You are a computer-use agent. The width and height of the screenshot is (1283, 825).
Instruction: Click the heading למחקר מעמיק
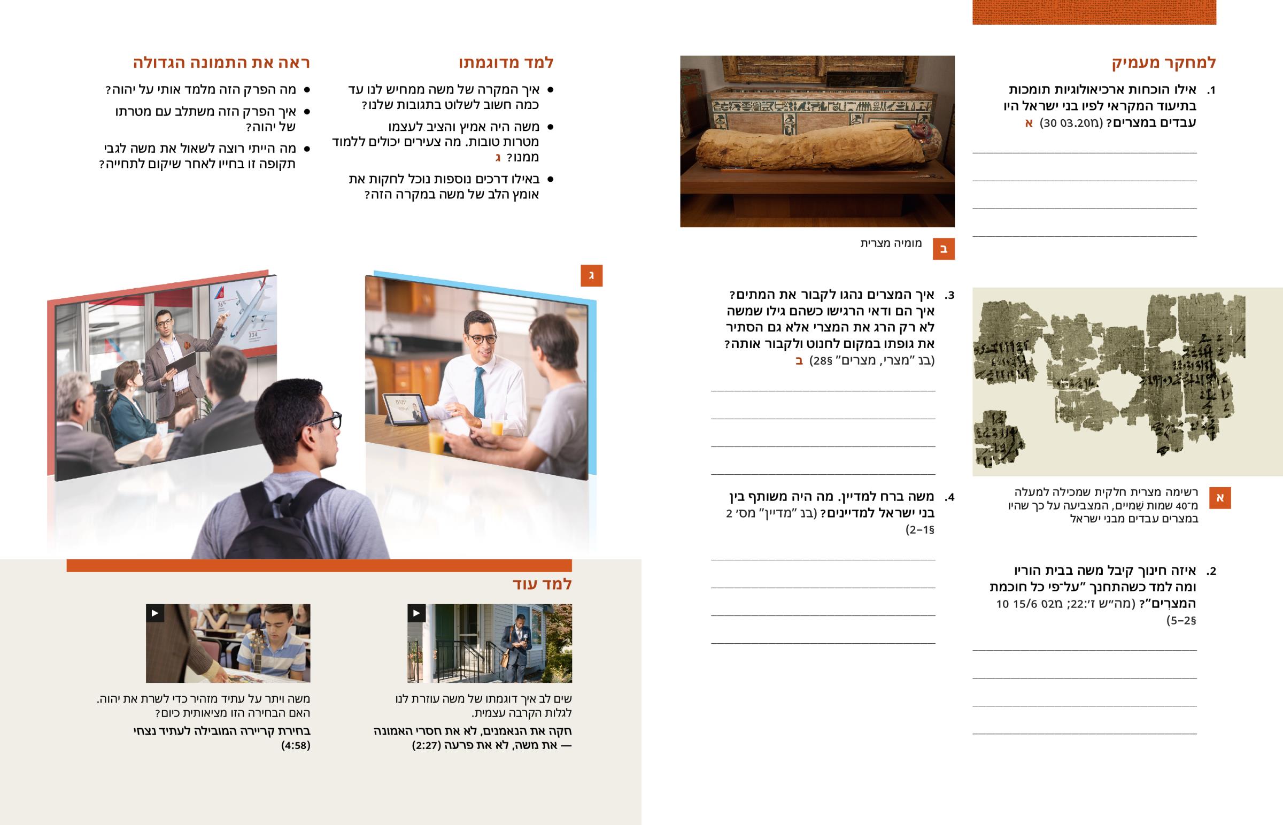(1164, 63)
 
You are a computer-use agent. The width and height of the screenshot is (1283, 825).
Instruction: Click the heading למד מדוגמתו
(506, 63)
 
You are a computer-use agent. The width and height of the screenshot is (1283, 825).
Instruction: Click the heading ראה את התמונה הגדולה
(222, 63)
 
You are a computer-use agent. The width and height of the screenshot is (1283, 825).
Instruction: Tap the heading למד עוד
(542, 584)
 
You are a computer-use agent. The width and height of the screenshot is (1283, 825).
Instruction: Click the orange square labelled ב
(944, 249)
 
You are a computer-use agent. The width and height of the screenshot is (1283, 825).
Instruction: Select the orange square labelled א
(1220, 498)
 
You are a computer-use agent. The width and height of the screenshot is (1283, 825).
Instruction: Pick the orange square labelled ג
(592, 275)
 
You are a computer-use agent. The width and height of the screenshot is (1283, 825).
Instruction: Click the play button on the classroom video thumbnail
(155, 613)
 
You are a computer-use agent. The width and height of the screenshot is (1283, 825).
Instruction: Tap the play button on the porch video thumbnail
(416, 613)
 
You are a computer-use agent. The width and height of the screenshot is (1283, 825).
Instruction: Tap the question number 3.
(949, 295)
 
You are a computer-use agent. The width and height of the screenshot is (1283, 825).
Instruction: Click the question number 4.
(949, 497)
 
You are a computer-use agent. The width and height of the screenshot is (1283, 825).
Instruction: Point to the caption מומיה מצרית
(891, 243)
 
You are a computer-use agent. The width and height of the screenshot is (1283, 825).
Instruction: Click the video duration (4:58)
(296, 745)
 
